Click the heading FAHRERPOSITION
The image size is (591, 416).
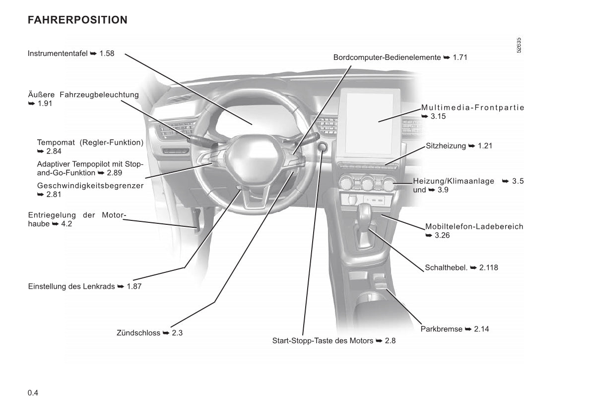pos(77,20)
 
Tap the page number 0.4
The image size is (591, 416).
pos(33,393)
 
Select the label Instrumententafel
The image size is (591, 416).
pos(58,53)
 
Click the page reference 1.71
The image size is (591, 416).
pos(460,57)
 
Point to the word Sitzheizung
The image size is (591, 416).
pos(446,146)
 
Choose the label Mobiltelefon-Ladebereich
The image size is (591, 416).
pos(474,227)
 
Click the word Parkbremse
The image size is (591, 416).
pos(442,329)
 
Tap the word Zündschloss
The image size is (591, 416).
pos(138,333)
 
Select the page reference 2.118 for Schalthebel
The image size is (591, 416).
pos(489,267)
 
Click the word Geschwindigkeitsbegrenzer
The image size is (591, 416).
pos(90,186)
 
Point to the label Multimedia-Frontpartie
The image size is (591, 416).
pos(472,108)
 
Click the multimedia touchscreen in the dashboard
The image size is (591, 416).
pos(372,122)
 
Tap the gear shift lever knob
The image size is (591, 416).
pos(365,214)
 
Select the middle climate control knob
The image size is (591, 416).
pos(368,184)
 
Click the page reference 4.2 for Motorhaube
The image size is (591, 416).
pos(66,224)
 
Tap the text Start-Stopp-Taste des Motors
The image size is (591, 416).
pos(323,341)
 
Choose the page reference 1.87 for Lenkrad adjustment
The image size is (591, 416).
pos(134,286)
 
